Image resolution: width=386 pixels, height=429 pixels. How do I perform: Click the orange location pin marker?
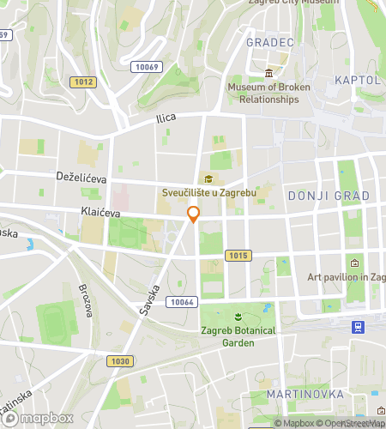(x=193, y=214)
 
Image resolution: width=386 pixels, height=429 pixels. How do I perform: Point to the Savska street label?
(x=148, y=294)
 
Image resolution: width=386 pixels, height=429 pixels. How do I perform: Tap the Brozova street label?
(x=85, y=300)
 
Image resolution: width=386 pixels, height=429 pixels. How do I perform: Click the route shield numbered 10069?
(x=148, y=67)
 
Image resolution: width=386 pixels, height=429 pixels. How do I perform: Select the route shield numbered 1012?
(x=83, y=82)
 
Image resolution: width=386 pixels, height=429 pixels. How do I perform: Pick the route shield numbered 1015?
(x=238, y=256)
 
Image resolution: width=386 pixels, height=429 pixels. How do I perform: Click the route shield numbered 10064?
(x=183, y=301)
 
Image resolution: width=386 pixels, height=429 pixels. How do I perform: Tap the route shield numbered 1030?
(x=120, y=361)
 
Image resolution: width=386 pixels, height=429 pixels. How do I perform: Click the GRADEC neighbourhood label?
(x=270, y=42)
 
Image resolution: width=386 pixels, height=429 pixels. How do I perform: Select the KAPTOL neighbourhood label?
(x=359, y=80)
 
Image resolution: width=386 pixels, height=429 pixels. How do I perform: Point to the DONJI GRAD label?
(x=329, y=196)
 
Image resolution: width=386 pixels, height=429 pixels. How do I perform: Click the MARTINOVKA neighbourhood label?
(x=305, y=394)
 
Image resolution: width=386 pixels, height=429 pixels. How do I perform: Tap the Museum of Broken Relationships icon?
(x=269, y=73)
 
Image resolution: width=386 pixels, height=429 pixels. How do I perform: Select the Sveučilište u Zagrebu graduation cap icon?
(x=207, y=178)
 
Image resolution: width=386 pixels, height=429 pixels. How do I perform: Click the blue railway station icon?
(x=357, y=326)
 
